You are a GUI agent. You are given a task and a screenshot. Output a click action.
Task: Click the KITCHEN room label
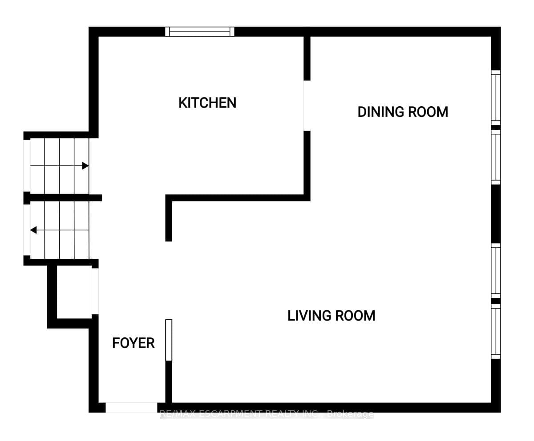click(207, 103)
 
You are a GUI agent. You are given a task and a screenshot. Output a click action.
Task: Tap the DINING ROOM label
click(403, 112)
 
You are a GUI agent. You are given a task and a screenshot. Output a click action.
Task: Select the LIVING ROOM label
click(332, 316)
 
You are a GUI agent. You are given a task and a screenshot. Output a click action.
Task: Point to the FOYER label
click(133, 343)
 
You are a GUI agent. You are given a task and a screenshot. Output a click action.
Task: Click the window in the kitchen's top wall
click(199, 32)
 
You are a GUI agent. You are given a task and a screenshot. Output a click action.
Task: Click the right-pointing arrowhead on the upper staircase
click(85, 166)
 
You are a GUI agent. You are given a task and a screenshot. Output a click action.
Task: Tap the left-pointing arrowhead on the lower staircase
click(33, 230)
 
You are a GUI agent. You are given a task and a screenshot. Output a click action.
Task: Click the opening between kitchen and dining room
click(307, 105)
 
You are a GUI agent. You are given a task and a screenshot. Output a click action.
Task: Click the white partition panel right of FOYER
click(169, 340)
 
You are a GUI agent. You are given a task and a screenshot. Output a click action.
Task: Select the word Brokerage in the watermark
click(350, 414)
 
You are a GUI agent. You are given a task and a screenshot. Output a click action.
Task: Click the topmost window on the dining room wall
click(496, 98)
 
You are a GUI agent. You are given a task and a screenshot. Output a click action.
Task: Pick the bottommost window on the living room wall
click(496, 331)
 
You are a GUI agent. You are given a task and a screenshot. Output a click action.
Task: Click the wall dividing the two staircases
click(63, 198)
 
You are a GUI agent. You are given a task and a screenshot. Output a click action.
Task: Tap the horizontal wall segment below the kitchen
click(238, 198)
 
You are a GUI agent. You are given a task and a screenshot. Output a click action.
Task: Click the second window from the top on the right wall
click(496, 157)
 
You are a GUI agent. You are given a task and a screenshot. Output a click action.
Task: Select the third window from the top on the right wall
click(496, 271)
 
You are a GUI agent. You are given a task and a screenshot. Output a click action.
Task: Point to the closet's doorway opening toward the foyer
click(95, 291)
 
